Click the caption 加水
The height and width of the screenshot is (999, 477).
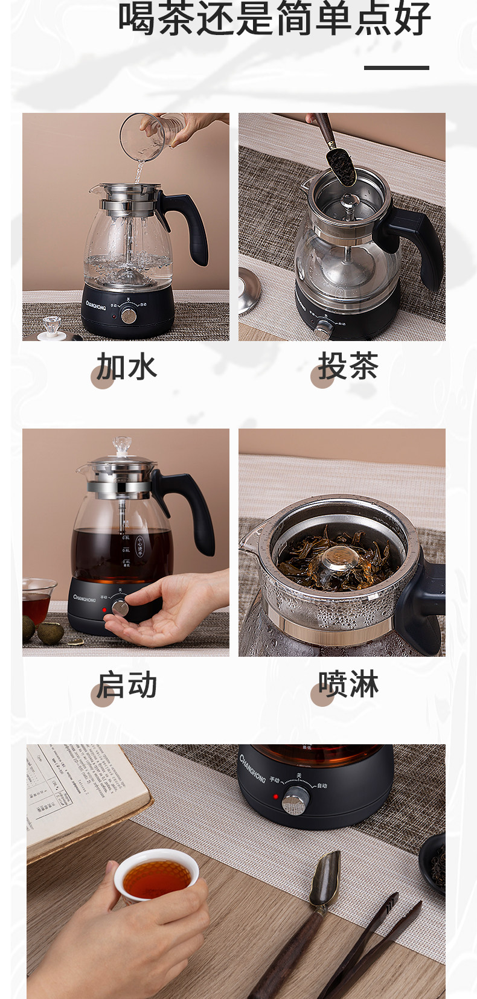pos(126,367)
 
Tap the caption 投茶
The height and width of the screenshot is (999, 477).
pos(348,366)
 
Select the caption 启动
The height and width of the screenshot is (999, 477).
pos(126,685)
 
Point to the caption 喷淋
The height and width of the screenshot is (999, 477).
pos(348,685)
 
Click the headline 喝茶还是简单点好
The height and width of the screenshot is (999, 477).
pos(274,18)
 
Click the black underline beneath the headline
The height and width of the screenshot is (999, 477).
pos(396,68)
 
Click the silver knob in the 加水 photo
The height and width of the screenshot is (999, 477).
pos(128,315)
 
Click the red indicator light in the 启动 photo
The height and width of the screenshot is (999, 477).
pos(104,610)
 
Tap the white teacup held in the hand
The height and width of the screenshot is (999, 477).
pos(156,875)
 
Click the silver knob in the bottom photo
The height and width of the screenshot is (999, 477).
pos(295,800)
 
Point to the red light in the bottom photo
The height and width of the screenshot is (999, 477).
pos(275,797)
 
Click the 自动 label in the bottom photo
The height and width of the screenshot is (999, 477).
pos(322,785)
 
